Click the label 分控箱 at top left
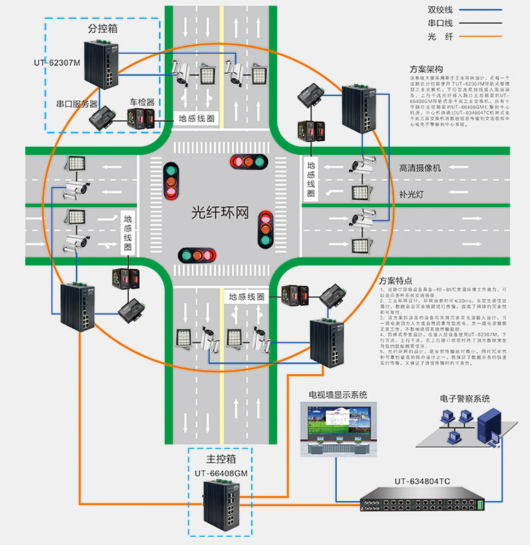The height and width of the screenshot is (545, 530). point(102,28)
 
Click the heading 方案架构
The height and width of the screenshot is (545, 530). point(426,69)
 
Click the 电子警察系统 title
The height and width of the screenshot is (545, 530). point(464,398)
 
